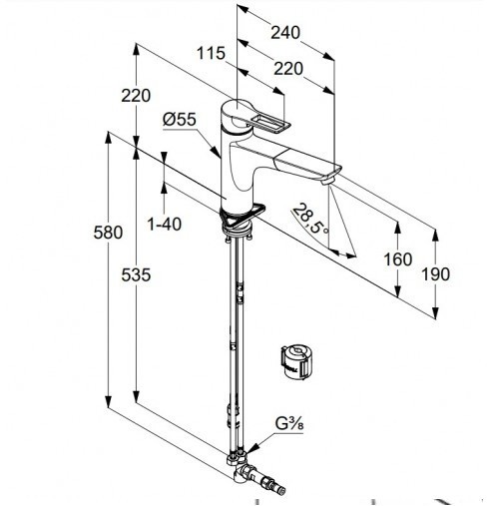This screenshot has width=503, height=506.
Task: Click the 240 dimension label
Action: [285, 33]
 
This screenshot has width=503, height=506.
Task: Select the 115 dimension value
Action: [211, 53]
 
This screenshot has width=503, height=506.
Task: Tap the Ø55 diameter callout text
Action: [180, 119]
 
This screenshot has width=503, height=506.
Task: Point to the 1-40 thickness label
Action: [165, 224]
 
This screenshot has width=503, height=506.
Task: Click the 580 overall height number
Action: [108, 233]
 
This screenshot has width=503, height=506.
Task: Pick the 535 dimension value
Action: [136, 274]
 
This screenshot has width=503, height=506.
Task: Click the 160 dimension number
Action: [398, 259]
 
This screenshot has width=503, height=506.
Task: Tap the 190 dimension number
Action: [435, 274]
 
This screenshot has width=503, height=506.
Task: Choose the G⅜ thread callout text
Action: [289, 424]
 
